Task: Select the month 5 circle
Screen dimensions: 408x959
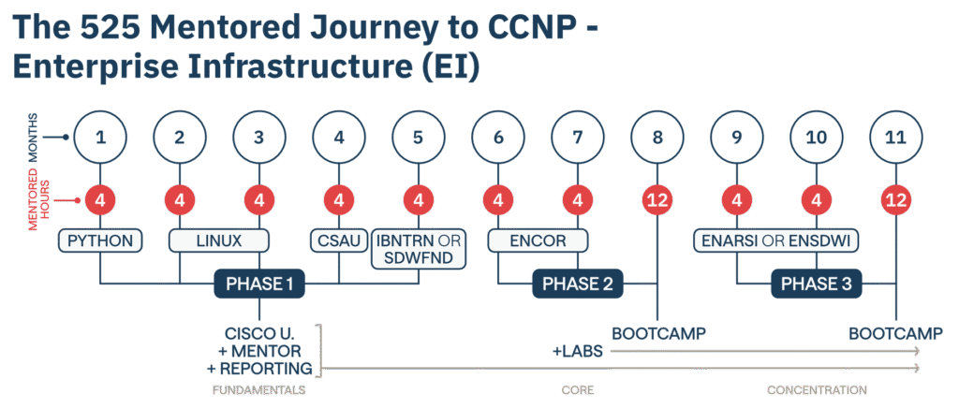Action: pos(418,137)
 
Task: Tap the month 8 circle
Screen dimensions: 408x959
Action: pos(657,137)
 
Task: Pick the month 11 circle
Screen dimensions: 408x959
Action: pos(895,137)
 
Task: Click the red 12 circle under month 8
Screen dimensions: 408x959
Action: pos(657,199)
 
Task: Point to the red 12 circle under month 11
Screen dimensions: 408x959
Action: pos(895,199)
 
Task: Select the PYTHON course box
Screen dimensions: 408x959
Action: pos(101,240)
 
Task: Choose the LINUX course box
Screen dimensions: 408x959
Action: pos(220,240)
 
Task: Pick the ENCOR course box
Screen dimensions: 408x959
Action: pos(538,240)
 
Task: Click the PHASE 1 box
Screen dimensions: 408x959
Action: pos(259,284)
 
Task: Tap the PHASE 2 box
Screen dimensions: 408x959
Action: pos(578,284)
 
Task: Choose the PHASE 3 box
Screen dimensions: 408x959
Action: pos(817,284)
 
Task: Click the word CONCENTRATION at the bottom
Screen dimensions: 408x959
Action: pos(817,389)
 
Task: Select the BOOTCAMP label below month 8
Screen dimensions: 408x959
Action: pos(658,333)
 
